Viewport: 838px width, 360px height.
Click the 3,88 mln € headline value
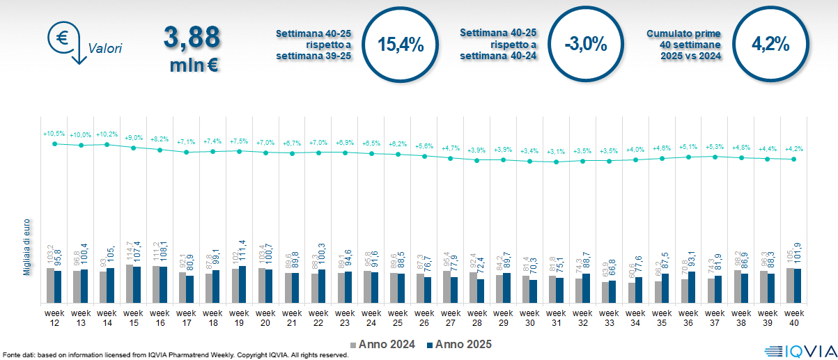pos(192,49)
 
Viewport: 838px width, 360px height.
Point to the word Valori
pos(105,49)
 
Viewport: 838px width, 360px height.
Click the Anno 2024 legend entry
pos(382,344)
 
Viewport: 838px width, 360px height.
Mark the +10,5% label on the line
pos(54,133)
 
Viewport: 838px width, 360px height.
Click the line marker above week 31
pos(556,162)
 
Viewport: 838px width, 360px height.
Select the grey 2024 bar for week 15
pos(130,283)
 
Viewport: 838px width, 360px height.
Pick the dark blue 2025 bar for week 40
pos(798,285)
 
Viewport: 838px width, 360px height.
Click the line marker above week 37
pos(715,157)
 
